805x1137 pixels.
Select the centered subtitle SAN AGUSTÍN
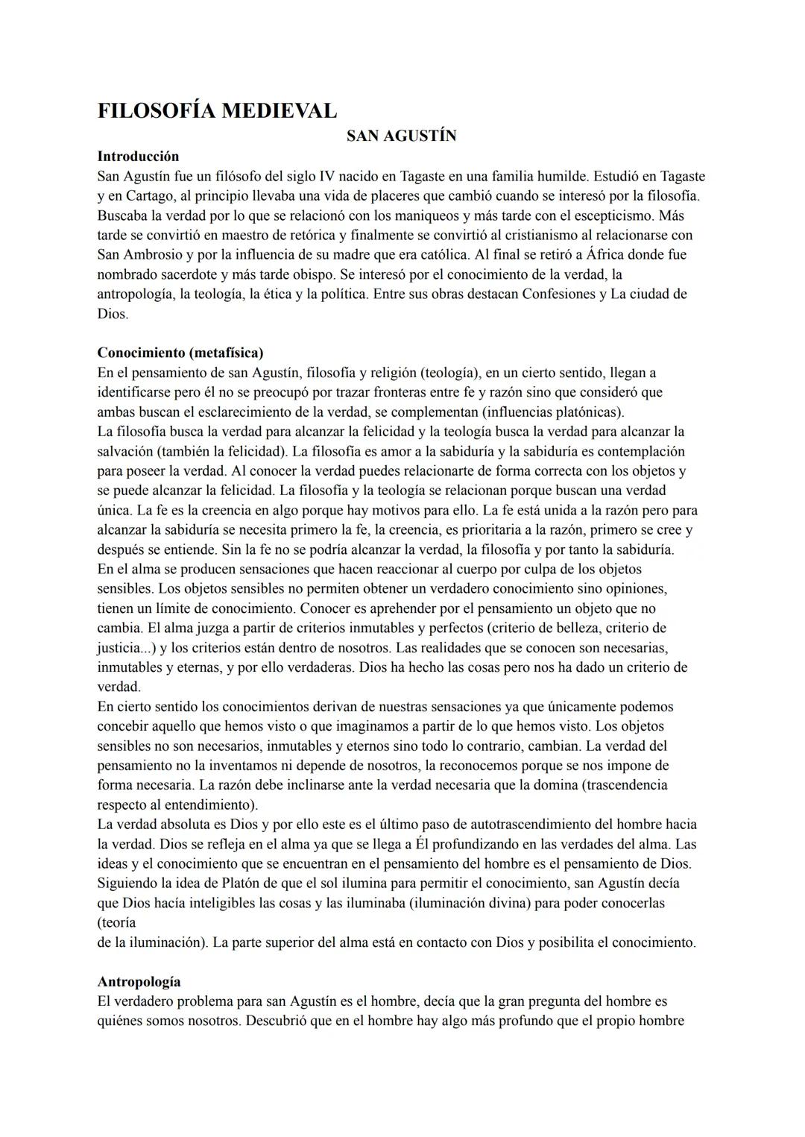tap(402, 136)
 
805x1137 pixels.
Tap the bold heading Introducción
tap(138, 157)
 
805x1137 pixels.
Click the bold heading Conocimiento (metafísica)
tap(180, 353)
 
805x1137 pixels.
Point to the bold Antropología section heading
tap(139, 982)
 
